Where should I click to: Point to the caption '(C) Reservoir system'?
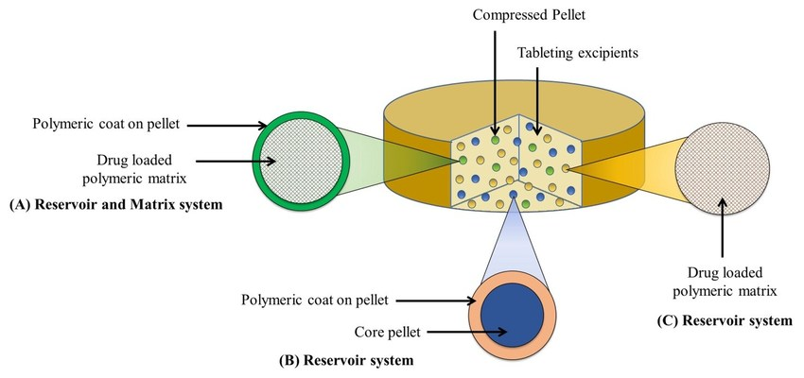tap(724, 321)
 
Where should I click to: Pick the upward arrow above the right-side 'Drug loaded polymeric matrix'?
tap(722, 222)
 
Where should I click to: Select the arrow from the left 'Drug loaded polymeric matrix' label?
tap(226, 161)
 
